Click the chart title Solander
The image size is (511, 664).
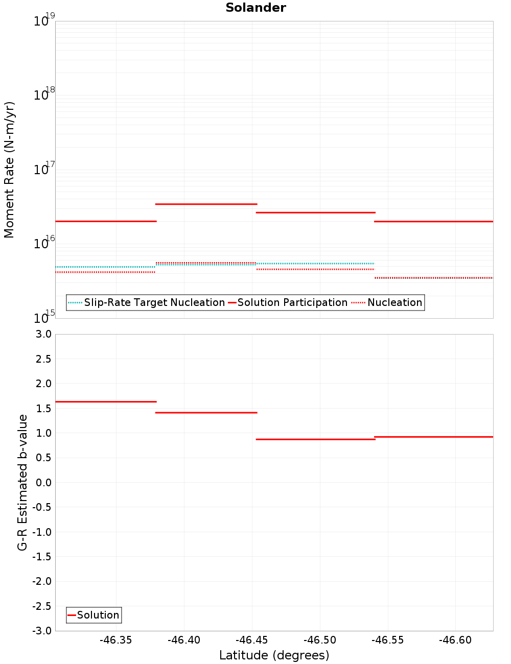pos(255,8)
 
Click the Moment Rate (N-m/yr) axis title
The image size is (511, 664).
pos(9,170)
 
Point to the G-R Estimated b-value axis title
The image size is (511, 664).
pos(22,482)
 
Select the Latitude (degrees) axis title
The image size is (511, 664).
pos(274,655)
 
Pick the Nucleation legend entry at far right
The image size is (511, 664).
pos(394,303)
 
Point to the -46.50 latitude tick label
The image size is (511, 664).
pos(320,641)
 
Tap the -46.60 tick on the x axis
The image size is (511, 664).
pos(455,641)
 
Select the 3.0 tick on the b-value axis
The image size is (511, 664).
pos(43,334)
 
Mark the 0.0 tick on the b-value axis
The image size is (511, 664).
pos(43,483)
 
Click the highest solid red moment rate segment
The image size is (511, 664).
pos(206,204)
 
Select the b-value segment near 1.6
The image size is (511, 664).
pos(105,402)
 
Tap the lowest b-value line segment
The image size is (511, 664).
pos(315,439)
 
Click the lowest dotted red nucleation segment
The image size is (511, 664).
pos(433,278)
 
